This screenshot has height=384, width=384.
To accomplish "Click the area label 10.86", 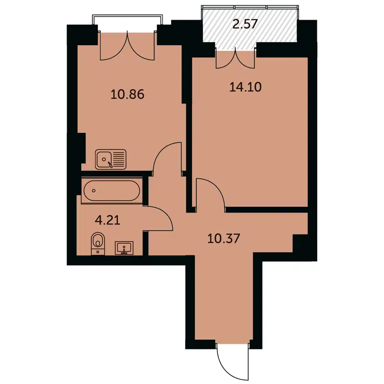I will tap(127, 94).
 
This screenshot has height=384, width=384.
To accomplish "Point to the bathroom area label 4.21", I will tap(108, 221).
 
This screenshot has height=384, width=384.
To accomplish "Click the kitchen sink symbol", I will tap(111, 159).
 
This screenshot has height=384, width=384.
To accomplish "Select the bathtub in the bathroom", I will tap(111, 191).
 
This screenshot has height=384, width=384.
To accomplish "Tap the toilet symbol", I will tap(98, 242).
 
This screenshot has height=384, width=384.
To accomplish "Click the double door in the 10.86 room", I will tap(128, 46).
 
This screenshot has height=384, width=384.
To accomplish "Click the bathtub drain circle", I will tap(94, 191).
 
